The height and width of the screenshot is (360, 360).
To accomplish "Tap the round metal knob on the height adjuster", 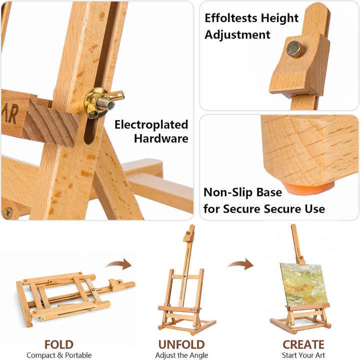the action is click(x=294, y=48).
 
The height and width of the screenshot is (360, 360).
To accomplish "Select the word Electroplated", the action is click(x=151, y=125).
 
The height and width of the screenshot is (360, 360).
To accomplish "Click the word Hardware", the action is click(x=161, y=139).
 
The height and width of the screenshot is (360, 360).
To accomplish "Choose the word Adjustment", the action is click(x=237, y=35).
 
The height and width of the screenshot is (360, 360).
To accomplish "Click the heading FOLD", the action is click(x=59, y=345).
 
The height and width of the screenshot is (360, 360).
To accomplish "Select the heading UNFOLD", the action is click(x=181, y=345).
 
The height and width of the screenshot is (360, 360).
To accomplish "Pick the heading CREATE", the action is click(x=303, y=345).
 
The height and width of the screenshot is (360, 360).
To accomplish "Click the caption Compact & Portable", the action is click(x=59, y=355).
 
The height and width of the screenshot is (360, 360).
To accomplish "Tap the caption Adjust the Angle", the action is click(x=181, y=356).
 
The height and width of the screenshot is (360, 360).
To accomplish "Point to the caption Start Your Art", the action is click(x=303, y=355).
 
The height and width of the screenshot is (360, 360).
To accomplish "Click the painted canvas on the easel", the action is click(x=303, y=285).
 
